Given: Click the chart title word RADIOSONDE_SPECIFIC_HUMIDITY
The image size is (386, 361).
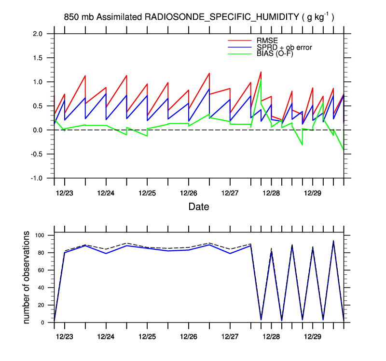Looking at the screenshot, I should coord(222,17).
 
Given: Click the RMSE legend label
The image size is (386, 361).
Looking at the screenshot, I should coord(267,40).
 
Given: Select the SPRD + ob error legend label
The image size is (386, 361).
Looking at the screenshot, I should coord(284,47).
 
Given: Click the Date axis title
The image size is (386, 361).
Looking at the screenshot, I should coord(198,207).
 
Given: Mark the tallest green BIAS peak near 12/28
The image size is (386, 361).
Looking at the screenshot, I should coord(261,80).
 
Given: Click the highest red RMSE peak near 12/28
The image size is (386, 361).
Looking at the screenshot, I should coord(261,72).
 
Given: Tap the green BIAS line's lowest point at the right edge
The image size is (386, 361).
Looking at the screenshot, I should coord(344,150).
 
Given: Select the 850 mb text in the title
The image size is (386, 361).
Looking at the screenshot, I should coord(79,17).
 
